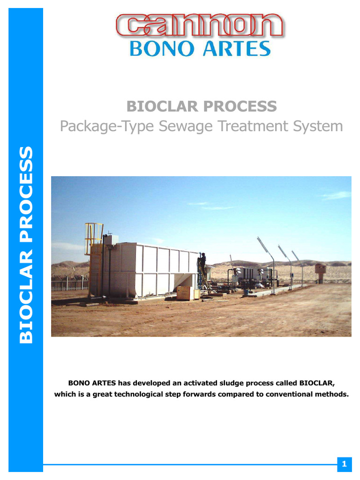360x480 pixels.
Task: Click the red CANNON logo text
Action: click(199, 26)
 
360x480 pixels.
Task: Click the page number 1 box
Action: click(344, 464)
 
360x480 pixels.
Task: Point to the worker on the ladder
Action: click(203, 262)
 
